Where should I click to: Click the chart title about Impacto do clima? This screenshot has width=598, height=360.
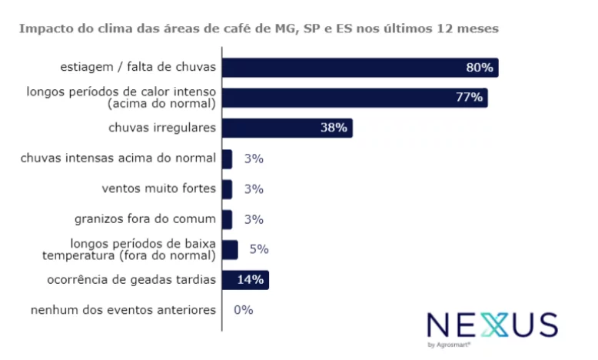point(258,28)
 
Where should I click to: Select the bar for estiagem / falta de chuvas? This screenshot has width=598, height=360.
point(360,68)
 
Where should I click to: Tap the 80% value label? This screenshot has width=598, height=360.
point(479,68)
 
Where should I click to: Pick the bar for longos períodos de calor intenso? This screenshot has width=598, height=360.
point(354,98)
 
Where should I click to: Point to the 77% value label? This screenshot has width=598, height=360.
point(469,98)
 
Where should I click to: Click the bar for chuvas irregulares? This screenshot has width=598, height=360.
point(286,128)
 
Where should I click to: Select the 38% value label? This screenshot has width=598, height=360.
point(334,128)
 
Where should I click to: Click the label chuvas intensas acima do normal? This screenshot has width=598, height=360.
point(119,158)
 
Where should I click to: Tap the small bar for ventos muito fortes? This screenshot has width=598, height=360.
point(227,188)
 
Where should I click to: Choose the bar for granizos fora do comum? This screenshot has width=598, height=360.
point(227,219)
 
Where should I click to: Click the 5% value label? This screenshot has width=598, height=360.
point(258,249)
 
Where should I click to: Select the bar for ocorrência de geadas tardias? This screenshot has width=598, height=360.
point(244,280)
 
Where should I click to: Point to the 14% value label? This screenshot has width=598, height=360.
point(251,280)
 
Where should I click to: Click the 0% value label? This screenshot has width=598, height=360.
point(243,310)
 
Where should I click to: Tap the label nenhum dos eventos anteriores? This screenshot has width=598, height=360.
point(123,310)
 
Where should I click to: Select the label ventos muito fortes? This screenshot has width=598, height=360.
point(159,188)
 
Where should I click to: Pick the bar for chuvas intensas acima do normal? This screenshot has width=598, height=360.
point(227,158)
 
